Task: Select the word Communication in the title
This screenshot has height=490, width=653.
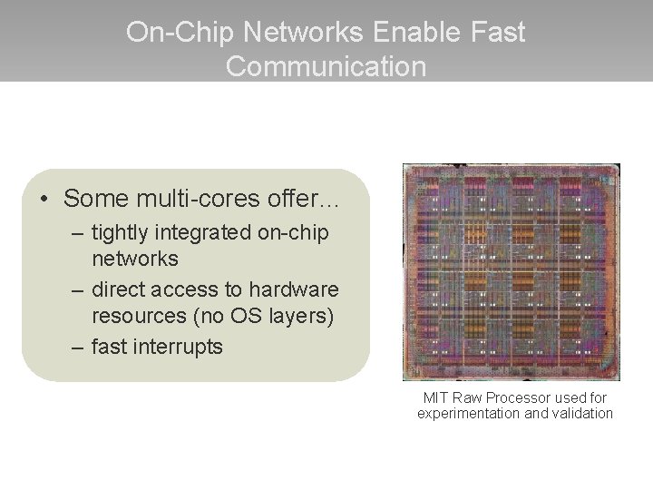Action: click(x=326, y=66)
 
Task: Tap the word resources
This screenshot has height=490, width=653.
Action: click(x=136, y=316)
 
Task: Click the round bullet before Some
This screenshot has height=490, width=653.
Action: click(x=43, y=198)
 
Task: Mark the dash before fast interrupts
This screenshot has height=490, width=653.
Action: click(x=73, y=347)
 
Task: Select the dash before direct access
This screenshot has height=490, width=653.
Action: click(x=73, y=290)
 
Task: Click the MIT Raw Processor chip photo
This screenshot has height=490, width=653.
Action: click(x=512, y=271)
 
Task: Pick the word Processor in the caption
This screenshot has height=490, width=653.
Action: click(x=520, y=397)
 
